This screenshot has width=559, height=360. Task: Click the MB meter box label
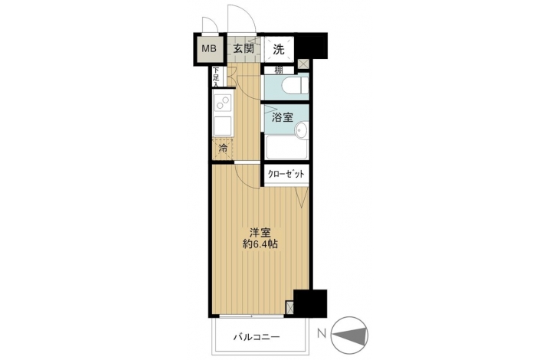(x=209, y=49)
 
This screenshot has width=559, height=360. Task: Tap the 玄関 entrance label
(x=244, y=49)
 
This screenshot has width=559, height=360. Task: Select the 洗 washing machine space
(x=279, y=50)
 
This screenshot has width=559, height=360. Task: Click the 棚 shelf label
(x=279, y=70)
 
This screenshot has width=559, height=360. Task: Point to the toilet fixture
(x=295, y=86)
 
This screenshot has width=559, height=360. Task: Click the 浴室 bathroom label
(x=283, y=117)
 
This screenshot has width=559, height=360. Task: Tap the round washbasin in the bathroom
(x=301, y=129)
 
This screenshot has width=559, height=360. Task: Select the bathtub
(x=286, y=148)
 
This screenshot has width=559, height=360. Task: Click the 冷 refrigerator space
(x=223, y=149)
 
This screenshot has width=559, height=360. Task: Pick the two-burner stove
(x=223, y=102)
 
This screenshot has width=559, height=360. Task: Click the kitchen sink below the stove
(x=224, y=126)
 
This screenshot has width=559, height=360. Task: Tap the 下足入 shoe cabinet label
(x=216, y=77)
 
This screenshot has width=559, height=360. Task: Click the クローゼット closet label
(x=286, y=174)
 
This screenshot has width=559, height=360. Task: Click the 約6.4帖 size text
(x=260, y=244)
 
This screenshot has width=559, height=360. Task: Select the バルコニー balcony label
(x=257, y=336)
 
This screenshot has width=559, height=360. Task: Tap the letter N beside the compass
(x=322, y=334)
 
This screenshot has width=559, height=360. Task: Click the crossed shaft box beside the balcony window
(x=290, y=308)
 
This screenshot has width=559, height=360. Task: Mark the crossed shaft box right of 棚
(x=304, y=64)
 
